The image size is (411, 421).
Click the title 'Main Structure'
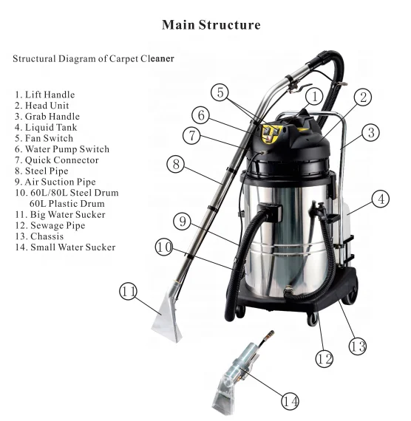point(211,26)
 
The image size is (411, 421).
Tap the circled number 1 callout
point(314,96)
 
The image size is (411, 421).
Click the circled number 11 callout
point(129,292)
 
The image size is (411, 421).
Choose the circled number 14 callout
point(291,401)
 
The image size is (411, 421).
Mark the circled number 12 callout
point(323,358)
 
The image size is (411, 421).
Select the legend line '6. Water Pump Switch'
point(61,149)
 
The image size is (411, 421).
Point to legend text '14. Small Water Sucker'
point(64,247)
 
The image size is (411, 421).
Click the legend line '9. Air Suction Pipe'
point(55,182)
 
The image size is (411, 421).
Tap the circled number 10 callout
point(164,247)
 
